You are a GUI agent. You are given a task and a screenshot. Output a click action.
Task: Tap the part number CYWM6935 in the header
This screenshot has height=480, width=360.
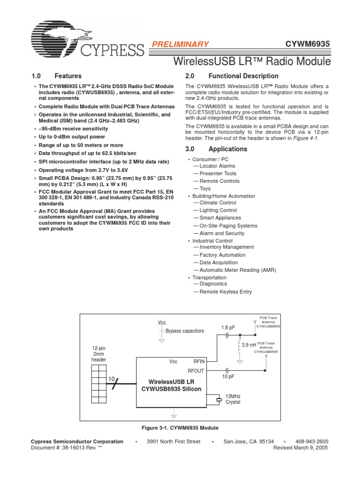pyautogui.click(x=308, y=44)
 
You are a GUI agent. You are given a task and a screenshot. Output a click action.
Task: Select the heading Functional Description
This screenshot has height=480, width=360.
pyautogui.click(x=243, y=76)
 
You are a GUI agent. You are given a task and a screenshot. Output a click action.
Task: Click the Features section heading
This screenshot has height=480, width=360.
pyautogui.click(x=68, y=76)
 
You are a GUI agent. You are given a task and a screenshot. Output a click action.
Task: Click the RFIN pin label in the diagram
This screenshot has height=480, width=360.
pyautogui.click(x=199, y=361)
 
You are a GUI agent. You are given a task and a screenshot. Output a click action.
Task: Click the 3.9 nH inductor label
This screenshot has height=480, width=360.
pyautogui.click(x=248, y=345)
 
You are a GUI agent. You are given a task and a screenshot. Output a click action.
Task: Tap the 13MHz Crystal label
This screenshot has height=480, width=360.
pyautogui.click(x=233, y=399)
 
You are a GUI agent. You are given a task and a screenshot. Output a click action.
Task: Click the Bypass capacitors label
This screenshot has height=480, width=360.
pyautogui.click(x=185, y=331)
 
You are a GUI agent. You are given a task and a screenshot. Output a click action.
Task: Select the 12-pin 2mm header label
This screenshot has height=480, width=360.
pyautogui.click(x=99, y=354)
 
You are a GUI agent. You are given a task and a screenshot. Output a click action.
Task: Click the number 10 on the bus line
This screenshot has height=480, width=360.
pyautogui.click(x=111, y=378)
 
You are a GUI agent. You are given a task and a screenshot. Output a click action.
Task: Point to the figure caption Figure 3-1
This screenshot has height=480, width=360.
pyautogui.click(x=180, y=428)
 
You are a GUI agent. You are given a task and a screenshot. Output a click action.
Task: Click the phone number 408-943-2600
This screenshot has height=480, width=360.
pyautogui.click(x=312, y=442)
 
